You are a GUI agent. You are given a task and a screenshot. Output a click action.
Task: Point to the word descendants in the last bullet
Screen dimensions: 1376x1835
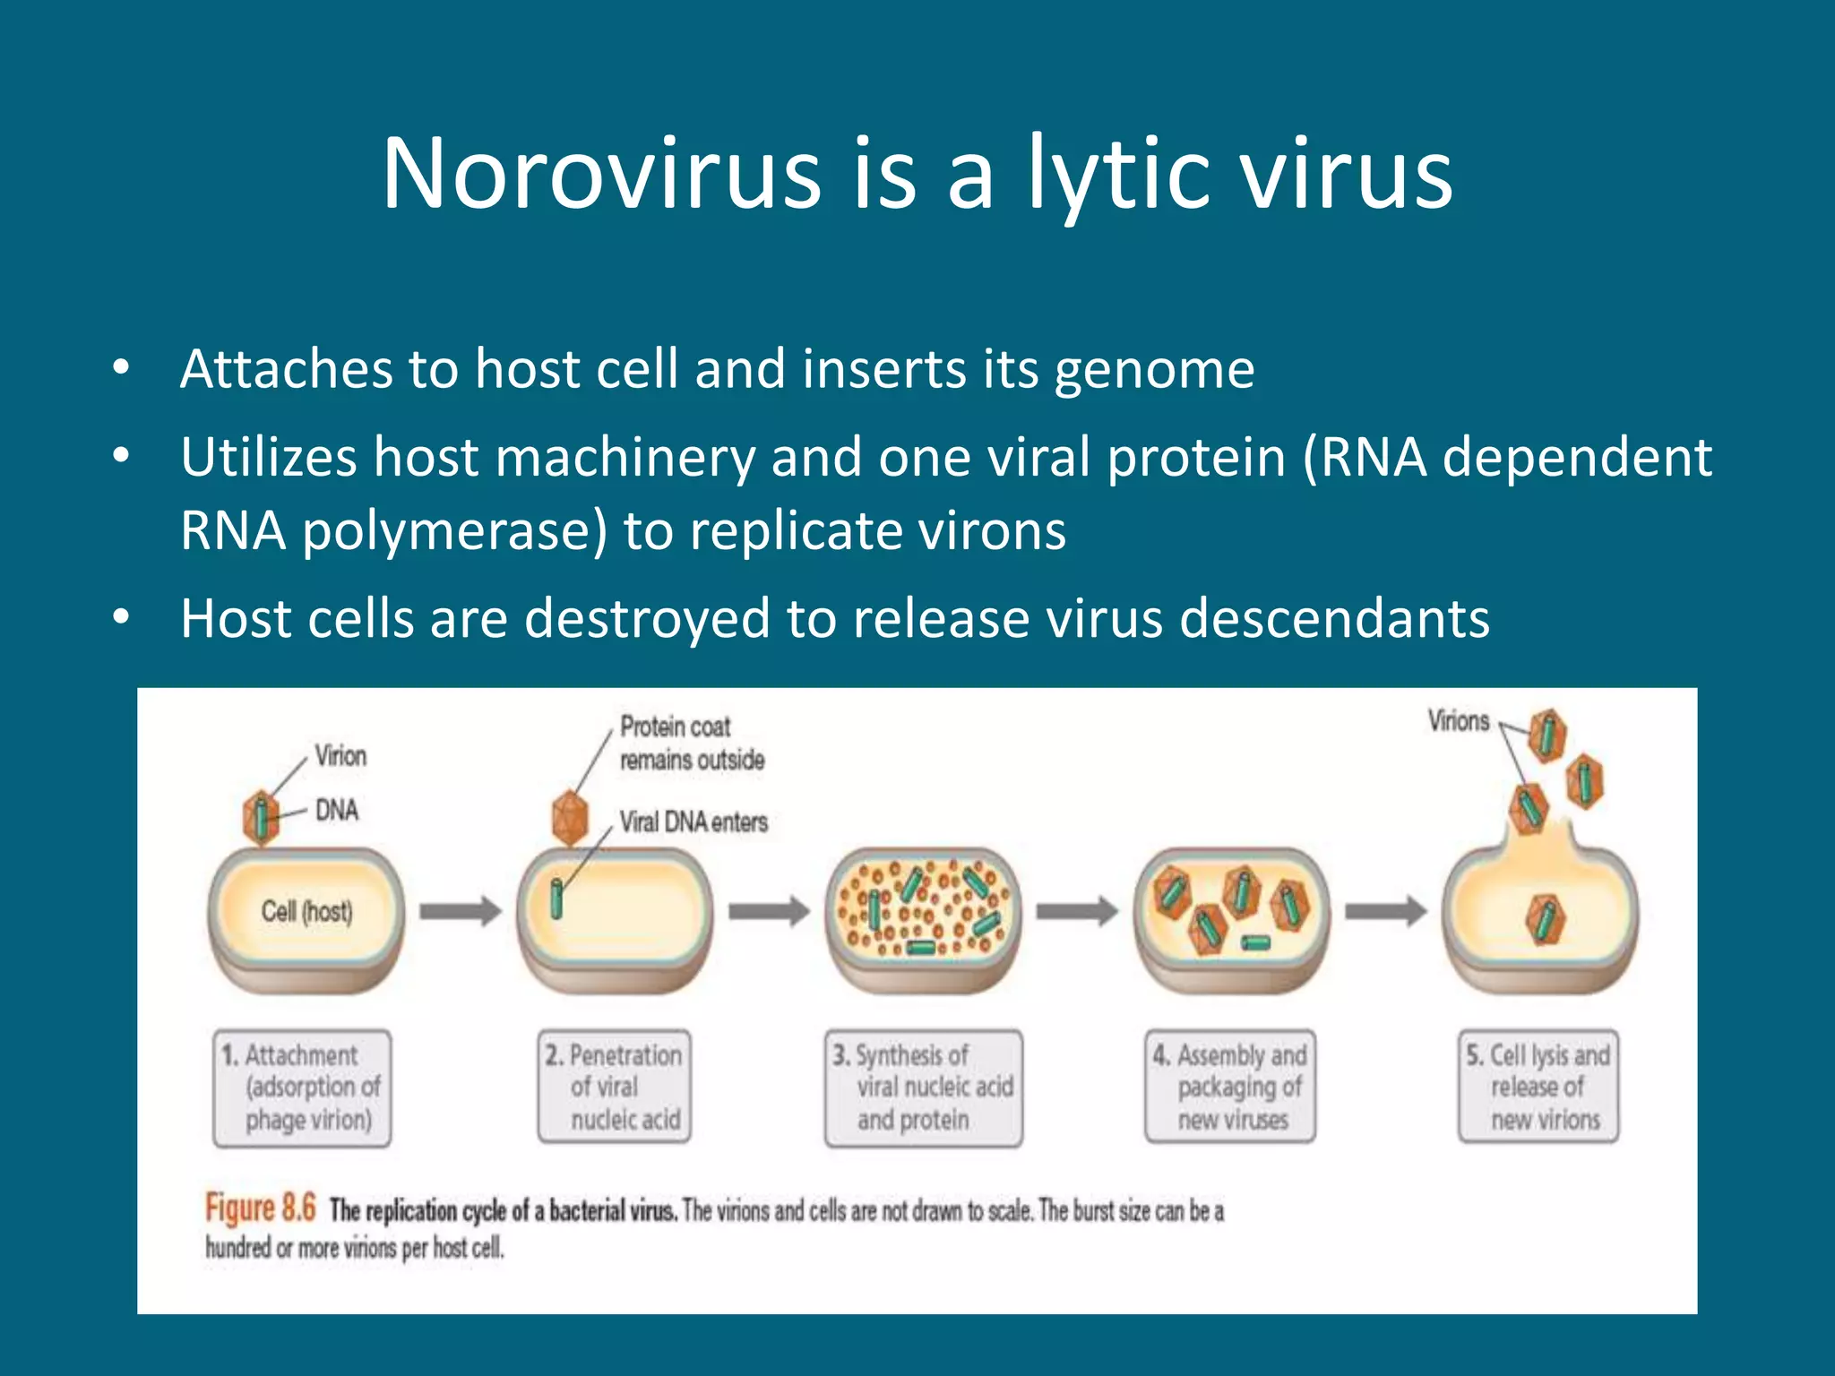[x=1334, y=618]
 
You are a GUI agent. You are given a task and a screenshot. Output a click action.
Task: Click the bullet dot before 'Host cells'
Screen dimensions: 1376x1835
[x=122, y=617]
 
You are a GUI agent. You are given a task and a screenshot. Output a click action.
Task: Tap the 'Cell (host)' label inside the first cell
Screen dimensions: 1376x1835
[x=306, y=912]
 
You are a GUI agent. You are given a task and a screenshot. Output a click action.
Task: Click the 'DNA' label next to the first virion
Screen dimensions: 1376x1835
[x=337, y=811]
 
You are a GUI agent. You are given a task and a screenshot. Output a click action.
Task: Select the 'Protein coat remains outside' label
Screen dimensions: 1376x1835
[x=691, y=743]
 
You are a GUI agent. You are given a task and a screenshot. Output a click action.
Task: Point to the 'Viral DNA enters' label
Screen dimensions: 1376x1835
[x=694, y=822]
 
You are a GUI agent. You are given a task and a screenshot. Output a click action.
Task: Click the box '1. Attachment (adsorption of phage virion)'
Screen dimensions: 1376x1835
[x=302, y=1088]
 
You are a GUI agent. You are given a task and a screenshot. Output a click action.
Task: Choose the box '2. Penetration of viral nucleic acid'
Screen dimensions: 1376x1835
[x=615, y=1087]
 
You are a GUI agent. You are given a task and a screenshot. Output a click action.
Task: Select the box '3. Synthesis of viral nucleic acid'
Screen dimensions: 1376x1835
[x=923, y=1088]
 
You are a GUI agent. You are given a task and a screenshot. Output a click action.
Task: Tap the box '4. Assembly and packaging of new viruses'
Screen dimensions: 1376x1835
[x=1231, y=1087]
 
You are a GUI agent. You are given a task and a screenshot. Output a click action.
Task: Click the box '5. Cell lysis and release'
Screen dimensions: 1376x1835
[x=1538, y=1087]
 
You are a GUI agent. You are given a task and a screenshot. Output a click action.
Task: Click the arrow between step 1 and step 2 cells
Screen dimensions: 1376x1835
[x=461, y=912]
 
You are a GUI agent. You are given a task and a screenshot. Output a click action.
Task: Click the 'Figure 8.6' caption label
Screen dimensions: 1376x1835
[x=260, y=1208]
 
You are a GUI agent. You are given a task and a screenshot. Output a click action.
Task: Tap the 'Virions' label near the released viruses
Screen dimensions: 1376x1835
[x=1458, y=721]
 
